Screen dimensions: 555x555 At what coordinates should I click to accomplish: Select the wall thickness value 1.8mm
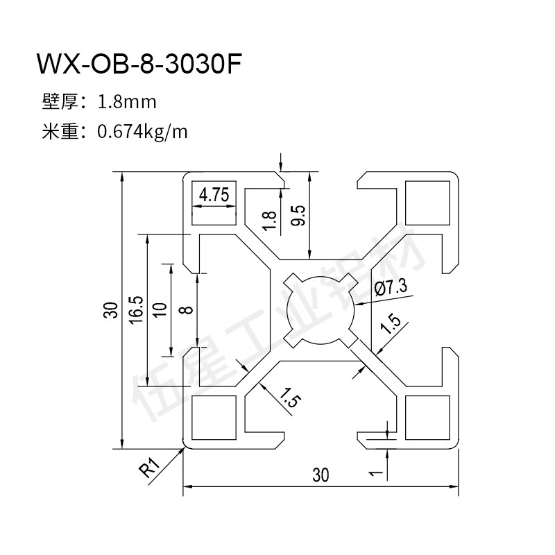[x=128, y=103]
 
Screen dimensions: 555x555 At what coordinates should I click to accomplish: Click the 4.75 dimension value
[x=214, y=196]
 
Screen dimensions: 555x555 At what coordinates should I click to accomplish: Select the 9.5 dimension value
[x=298, y=216]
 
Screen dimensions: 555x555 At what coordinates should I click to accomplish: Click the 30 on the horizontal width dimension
[x=320, y=476]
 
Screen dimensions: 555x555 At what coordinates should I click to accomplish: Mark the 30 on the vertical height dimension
[x=110, y=310]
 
